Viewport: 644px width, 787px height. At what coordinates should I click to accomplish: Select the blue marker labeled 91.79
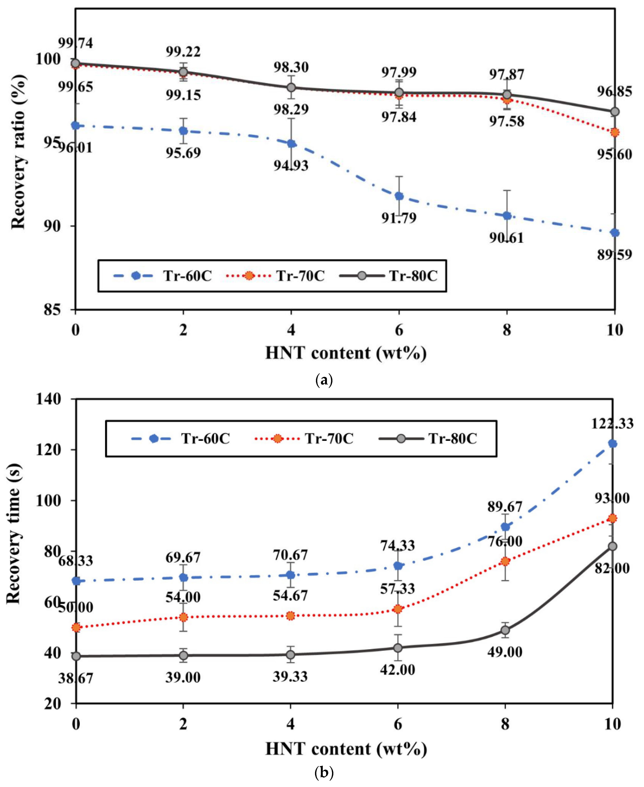click(x=399, y=196)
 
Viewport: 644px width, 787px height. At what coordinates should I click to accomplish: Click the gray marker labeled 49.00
click(x=505, y=630)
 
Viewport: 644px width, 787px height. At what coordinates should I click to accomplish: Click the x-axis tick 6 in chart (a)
click(x=399, y=330)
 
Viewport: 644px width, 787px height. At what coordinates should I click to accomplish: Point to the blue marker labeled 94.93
click(x=291, y=144)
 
